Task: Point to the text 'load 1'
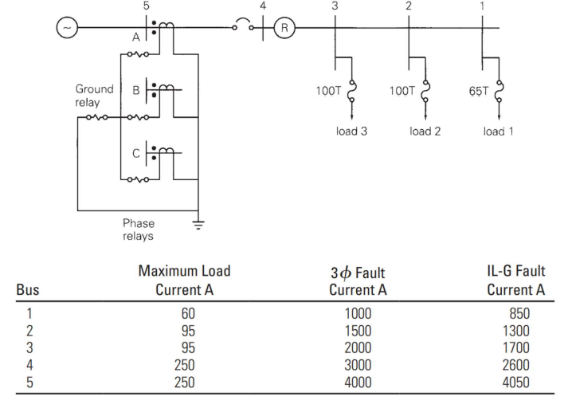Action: (499, 131)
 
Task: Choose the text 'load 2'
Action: (425, 131)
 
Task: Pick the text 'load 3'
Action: (351, 131)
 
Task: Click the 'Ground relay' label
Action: (94, 96)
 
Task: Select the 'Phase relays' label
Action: (139, 229)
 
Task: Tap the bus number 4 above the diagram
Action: (264, 7)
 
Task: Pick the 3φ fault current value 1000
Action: (355, 313)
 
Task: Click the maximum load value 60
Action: (188, 313)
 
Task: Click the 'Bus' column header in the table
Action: (29, 289)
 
